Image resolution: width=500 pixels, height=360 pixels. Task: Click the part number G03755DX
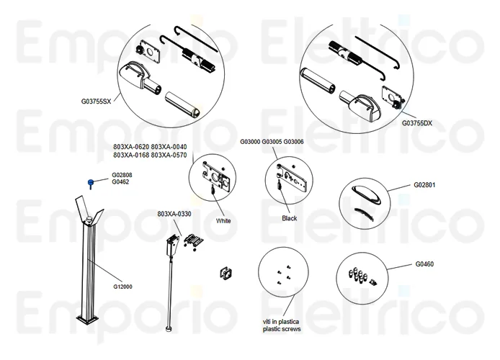point(417,123)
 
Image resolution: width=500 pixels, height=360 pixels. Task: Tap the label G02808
point(122,175)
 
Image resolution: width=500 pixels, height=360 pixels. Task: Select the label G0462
point(120,182)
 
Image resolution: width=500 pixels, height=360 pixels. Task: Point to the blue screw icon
point(92,183)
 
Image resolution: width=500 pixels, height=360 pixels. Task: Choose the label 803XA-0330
point(175,215)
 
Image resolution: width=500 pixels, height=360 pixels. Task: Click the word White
point(223,221)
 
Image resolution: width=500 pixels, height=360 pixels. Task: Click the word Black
point(290,218)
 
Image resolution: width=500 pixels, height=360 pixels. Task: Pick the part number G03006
point(293,142)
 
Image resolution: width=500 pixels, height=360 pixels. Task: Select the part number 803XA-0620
point(130,147)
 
